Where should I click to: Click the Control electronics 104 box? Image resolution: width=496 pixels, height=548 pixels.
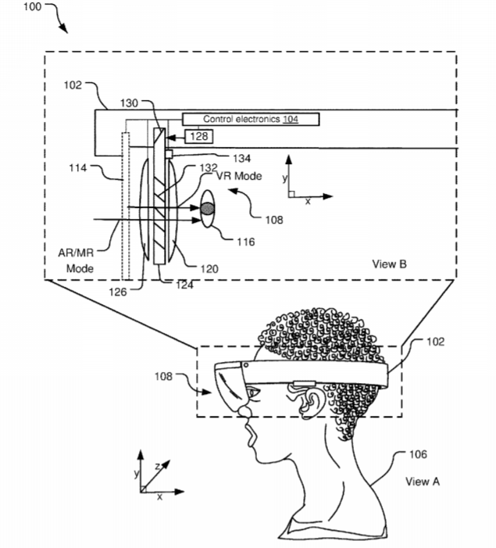tap(251, 119)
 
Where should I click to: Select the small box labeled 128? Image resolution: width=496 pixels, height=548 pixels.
tap(198, 136)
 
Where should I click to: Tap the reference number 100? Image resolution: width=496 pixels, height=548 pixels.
tap(32, 6)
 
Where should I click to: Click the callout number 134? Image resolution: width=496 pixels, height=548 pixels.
tap(241, 159)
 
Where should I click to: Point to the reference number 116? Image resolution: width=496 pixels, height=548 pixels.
tap(245, 242)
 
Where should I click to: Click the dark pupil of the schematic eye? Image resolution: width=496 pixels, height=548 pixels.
tap(207, 209)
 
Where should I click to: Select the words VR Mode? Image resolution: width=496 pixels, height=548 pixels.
tap(239, 176)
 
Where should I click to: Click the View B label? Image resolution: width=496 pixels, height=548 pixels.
tap(389, 264)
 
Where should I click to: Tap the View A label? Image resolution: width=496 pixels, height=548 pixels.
tap(423, 482)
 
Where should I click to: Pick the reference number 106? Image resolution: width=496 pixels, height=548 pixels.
tap(418, 454)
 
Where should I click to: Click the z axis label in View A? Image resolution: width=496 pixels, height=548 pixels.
tap(158, 466)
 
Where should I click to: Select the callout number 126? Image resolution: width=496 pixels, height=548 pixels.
tap(117, 292)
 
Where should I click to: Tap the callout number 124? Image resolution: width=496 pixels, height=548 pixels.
tap(184, 285)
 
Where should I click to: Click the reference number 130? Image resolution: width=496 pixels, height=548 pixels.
tap(129, 103)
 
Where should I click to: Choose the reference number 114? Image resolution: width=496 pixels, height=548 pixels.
tap(77, 168)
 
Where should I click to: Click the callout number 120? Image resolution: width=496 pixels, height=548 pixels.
tap(209, 269)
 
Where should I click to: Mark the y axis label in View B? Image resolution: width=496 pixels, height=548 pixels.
tap(284, 178)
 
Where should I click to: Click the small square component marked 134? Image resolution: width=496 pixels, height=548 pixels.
tap(169, 154)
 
